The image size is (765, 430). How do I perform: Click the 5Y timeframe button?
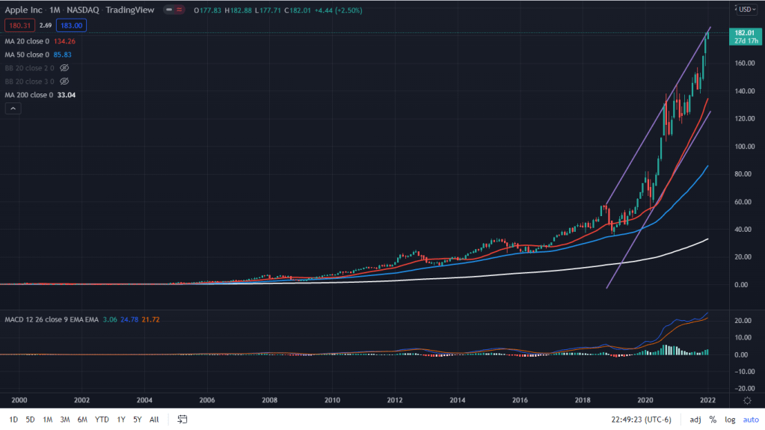138,420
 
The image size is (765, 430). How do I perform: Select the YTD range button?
102,420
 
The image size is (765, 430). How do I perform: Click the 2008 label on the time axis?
270,400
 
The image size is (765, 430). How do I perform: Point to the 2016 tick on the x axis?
520,400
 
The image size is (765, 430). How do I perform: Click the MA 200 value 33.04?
67,95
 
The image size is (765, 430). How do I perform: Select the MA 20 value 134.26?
64,42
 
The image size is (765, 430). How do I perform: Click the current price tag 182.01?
743,33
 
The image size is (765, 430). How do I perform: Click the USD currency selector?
745,9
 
